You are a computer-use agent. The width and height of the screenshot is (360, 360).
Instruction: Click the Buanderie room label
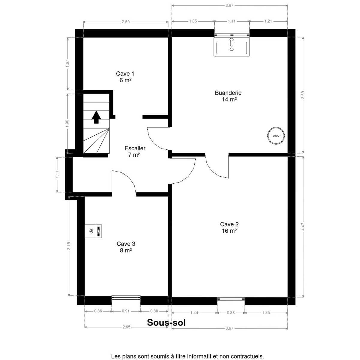tap(228, 93)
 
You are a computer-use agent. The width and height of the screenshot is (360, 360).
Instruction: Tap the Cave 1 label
tap(125, 73)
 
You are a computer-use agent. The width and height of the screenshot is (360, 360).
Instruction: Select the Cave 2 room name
tap(229, 224)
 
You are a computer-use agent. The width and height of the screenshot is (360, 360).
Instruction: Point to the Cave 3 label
tap(126, 244)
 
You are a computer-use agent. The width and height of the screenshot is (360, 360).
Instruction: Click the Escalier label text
tap(135, 148)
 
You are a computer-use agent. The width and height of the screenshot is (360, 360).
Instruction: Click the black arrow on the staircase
tap(96, 117)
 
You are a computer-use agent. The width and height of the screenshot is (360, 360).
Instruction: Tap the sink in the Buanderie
tap(232, 46)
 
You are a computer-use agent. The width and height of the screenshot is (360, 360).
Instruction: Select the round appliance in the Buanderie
tap(276, 136)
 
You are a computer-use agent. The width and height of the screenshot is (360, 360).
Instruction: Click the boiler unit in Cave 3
tap(93, 231)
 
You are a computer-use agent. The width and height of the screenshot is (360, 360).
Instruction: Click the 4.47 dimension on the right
tap(303, 226)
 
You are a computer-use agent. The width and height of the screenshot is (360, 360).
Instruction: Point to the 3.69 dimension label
tap(303, 95)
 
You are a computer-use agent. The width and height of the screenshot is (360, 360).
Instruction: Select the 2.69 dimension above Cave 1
tap(126, 22)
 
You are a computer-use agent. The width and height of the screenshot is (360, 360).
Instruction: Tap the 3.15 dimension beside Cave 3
tap(69, 246)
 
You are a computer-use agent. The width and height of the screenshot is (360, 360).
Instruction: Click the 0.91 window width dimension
tap(126, 311)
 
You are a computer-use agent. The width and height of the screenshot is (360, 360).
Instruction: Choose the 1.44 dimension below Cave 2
tap(194, 313)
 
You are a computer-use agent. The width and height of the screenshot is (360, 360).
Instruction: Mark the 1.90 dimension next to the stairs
tap(67, 123)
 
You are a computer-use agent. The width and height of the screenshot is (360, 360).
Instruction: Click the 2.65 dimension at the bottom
tap(127, 327)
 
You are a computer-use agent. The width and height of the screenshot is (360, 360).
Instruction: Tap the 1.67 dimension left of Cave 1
tap(67, 64)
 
